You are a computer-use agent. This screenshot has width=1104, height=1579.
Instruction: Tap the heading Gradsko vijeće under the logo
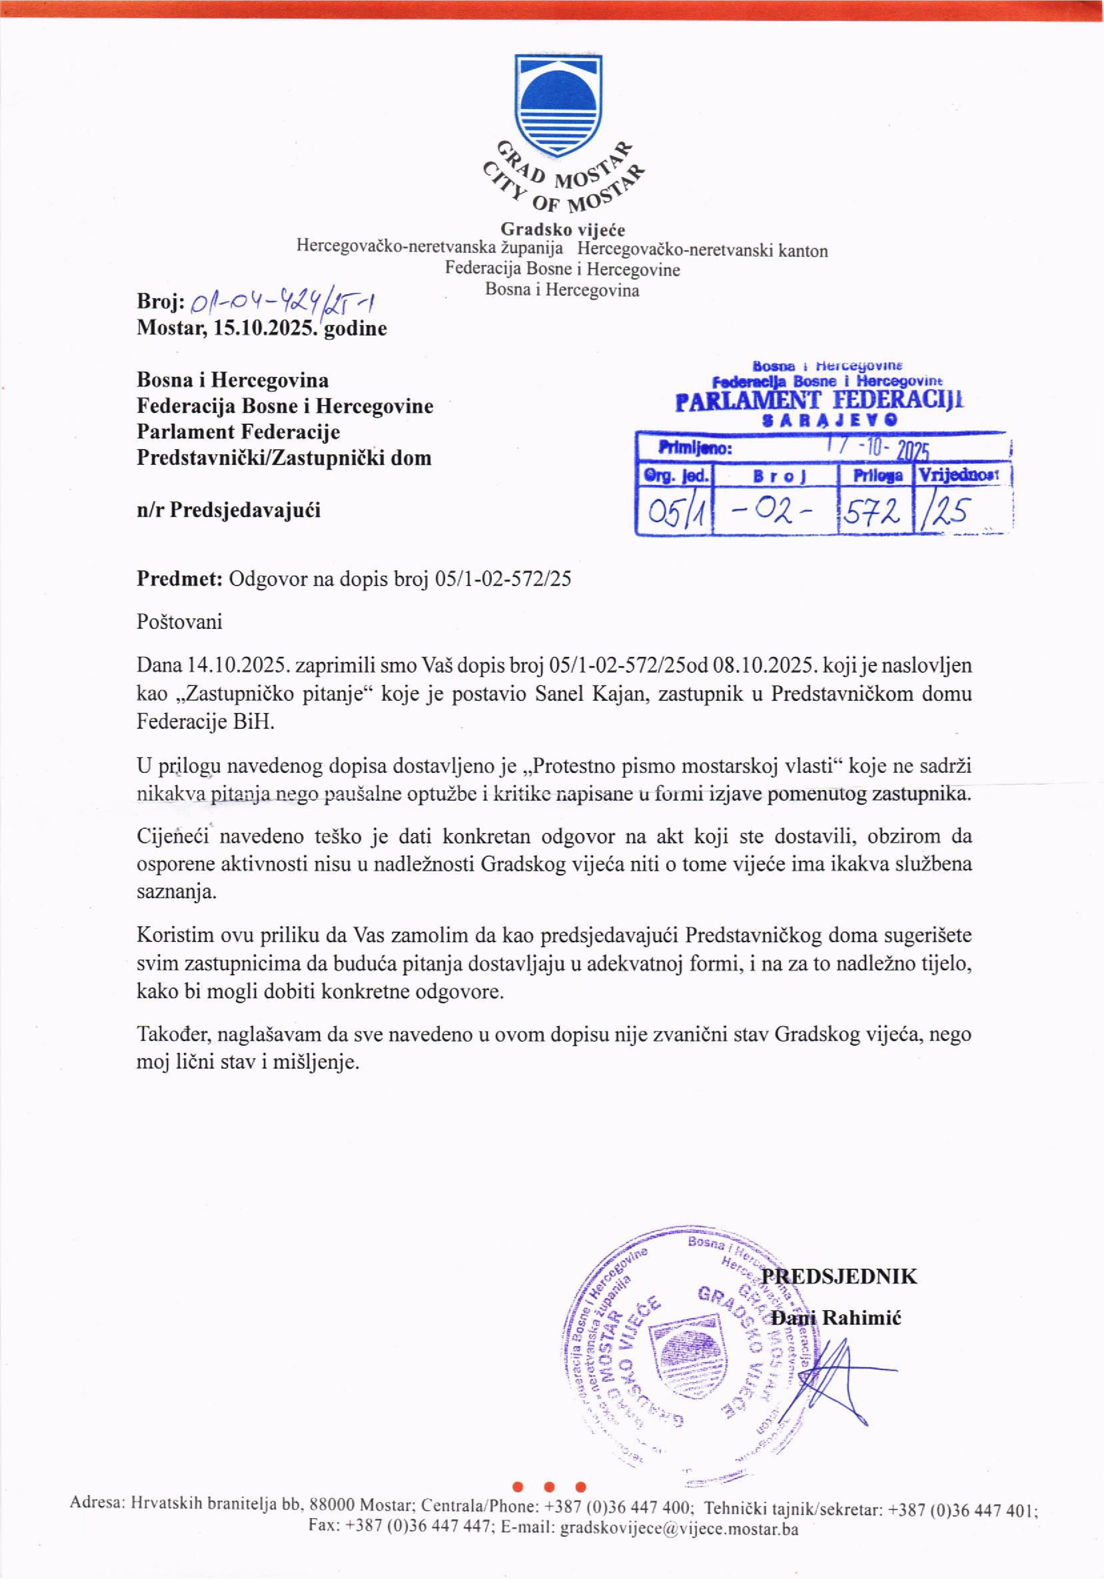tap(562, 229)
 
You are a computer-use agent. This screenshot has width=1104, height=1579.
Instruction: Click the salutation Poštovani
tap(179, 622)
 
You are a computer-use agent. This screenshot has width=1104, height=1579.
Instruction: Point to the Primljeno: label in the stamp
tap(694, 449)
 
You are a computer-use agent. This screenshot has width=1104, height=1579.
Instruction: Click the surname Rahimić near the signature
tap(862, 1318)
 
